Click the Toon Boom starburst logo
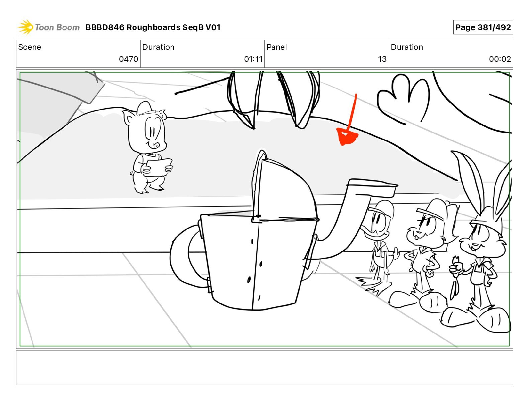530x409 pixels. point(25,27)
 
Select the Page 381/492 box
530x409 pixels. point(483,27)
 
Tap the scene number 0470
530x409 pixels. point(128,59)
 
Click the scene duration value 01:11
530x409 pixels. point(253,59)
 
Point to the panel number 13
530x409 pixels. point(382,59)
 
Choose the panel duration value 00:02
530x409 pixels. point(500,59)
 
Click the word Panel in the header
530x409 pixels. point(277,47)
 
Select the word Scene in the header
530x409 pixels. point(29,47)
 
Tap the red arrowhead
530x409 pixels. point(347,137)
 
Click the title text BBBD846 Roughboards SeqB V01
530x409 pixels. point(153,27)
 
